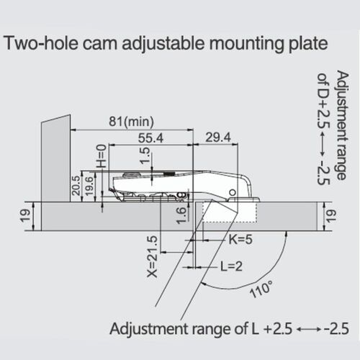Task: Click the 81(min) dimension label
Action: pyautogui.click(x=131, y=122)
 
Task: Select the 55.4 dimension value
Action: pyautogui.click(x=150, y=138)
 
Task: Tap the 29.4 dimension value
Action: pyautogui.click(x=218, y=138)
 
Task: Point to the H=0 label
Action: pyautogui.click(x=102, y=156)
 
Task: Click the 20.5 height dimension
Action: pyautogui.click(x=76, y=185)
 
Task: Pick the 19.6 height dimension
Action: pyautogui.click(x=89, y=186)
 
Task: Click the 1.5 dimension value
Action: pyautogui.click(x=145, y=156)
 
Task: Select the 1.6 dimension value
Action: pyautogui.click(x=181, y=215)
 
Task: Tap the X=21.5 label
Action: pyautogui.click(x=152, y=256)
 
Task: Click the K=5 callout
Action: pyautogui.click(x=240, y=240)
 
